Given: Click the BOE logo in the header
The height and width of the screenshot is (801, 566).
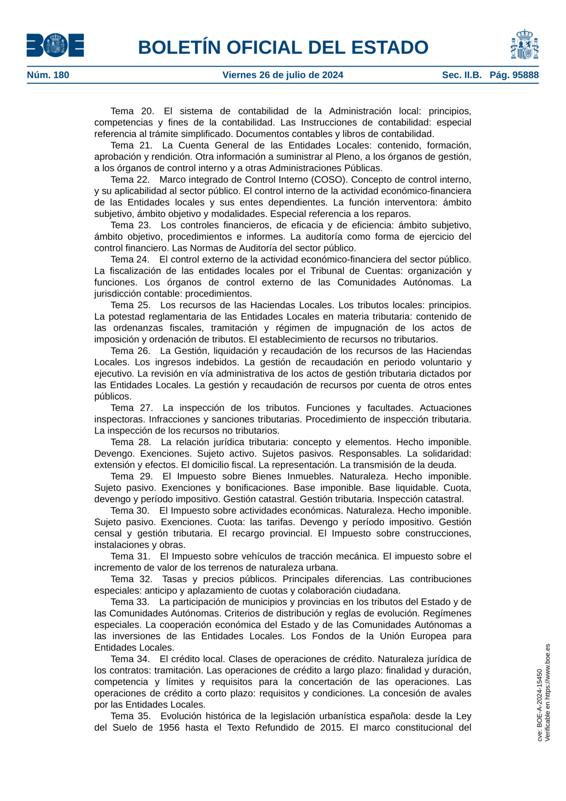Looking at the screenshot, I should click(55, 45).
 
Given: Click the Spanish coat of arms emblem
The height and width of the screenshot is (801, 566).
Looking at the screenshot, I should click(524, 45).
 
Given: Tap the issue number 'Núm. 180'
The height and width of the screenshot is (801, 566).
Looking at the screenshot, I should click(48, 75).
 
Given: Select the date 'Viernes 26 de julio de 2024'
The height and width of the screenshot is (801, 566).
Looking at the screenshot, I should click(283, 75).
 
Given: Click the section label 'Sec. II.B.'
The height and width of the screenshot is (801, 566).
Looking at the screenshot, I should click(462, 75).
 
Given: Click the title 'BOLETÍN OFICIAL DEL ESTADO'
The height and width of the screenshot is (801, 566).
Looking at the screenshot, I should click(283, 47).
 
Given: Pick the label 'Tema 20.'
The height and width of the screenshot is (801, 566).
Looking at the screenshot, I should click(132, 111).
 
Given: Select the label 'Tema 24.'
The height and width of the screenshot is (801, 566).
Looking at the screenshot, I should click(130, 260).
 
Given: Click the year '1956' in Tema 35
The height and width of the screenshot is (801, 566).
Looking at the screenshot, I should click(169, 728).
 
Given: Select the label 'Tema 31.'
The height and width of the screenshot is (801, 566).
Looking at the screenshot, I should click(130, 556).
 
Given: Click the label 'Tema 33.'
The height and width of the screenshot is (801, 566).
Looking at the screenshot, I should click(130, 602).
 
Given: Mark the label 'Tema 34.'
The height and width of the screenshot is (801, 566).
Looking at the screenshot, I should click(130, 659).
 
